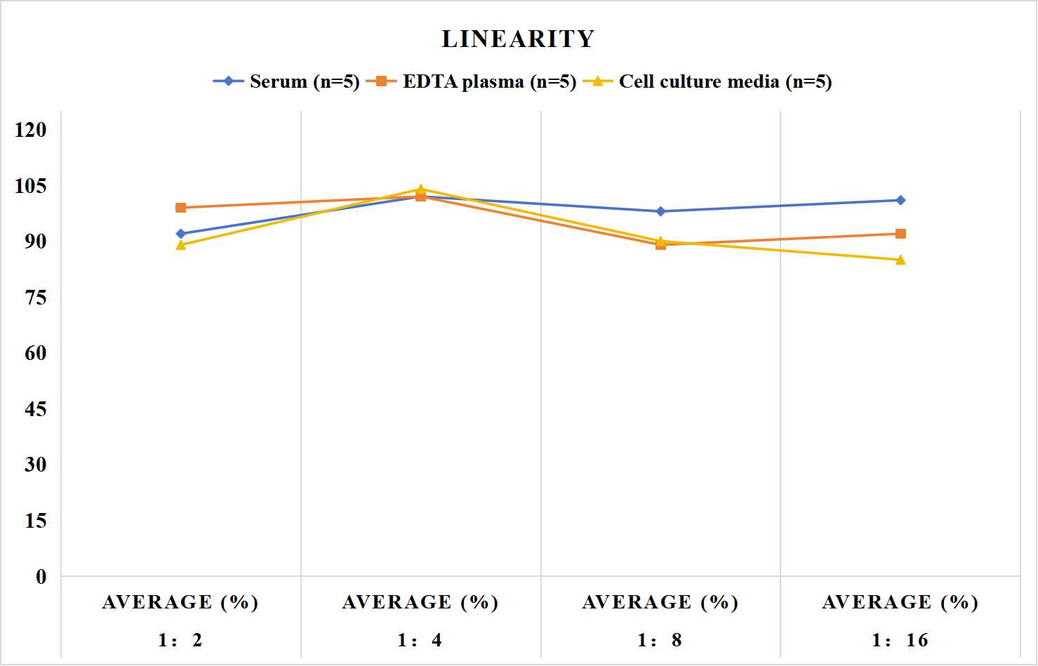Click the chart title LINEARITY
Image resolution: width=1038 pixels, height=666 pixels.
coord(518,39)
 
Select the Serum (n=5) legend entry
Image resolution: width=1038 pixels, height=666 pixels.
coord(286,81)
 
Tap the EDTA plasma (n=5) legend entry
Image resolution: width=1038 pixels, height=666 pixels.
coord(471,81)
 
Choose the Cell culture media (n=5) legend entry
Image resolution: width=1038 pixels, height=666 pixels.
coord(707,81)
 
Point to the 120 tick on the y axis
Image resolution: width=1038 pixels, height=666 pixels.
coord(31,130)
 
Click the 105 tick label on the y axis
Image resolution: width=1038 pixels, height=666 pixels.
coord(31,186)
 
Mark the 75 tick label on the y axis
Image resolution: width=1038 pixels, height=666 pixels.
coord(36,298)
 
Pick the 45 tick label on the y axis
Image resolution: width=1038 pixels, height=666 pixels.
coord(36,409)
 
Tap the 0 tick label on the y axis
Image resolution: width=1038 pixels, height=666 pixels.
coord(41,577)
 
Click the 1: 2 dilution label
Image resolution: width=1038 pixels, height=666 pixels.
coord(180,640)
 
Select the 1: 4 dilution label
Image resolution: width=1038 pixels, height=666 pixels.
coord(420,640)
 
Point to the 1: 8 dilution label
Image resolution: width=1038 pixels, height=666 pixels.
coord(660,640)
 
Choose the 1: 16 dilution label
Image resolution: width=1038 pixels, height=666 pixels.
coord(900,640)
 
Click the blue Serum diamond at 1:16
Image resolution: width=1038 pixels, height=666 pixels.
coord(900,200)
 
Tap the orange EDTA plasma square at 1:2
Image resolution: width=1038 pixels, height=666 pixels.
coord(181,208)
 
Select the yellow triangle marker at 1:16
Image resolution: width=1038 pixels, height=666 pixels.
coord(900,260)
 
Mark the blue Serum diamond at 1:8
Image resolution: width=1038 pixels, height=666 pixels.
coord(661,211)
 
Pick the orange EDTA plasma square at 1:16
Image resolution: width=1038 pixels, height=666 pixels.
coord(900,234)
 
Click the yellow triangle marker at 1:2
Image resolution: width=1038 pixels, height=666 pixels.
coord(181,245)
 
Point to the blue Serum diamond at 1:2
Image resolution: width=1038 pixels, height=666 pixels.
coord(181,234)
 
